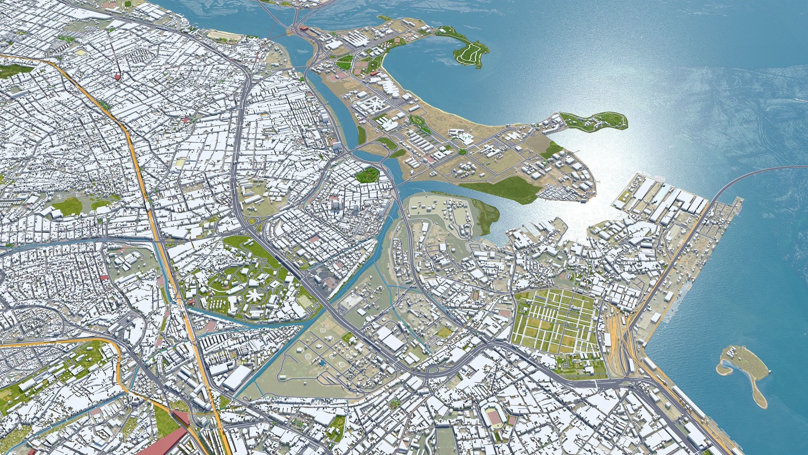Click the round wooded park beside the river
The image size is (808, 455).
(367, 174)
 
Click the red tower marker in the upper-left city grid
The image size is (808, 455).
(117, 76)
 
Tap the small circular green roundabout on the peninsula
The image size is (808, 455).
(463, 152)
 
